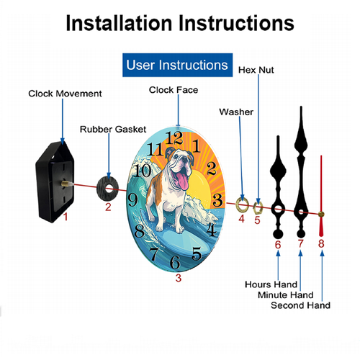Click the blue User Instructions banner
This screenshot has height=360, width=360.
click(177, 65)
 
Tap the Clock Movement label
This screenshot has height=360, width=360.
click(65, 94)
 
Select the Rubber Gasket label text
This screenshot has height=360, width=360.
click(113, 130)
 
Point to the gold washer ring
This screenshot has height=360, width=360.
click(238, 204)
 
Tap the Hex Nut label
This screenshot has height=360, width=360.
click(256, 70)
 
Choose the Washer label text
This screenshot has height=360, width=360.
click(236, 112)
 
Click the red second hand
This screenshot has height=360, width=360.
click(321, 196)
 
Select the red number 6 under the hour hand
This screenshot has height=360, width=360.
click(278, 245)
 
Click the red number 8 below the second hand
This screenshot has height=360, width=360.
click(321, 243)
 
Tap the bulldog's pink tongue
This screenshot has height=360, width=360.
click(182, 181)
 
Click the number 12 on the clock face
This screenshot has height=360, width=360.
click(174, 138)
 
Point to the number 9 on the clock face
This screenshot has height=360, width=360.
click(132, 200)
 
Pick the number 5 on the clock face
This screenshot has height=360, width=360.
click(197, 254)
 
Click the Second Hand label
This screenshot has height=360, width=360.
click(300, 305)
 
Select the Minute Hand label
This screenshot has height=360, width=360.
click(286, 295)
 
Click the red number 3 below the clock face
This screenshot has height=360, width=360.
click(179, 278)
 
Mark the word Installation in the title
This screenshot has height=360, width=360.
click(119, 23)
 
